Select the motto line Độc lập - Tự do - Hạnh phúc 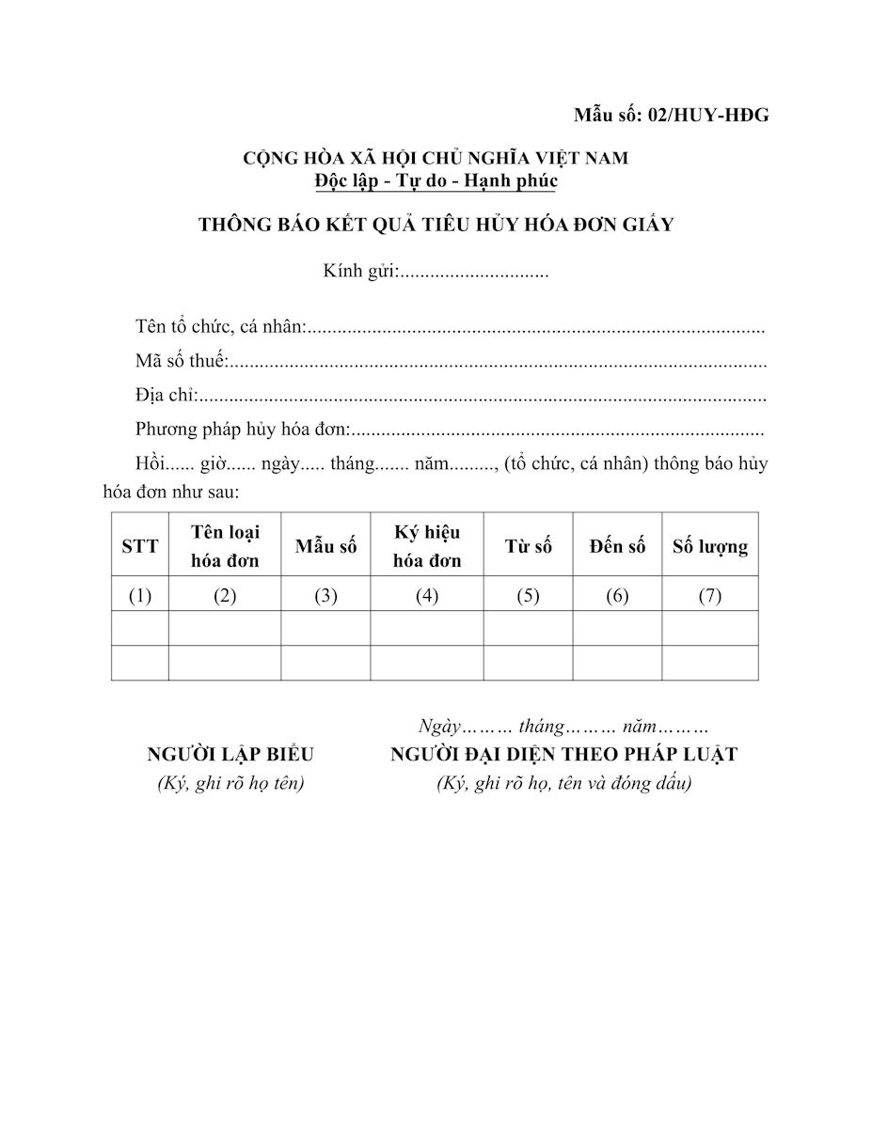[x=436, y=180]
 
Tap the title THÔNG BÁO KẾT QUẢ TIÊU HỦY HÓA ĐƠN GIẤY [x=436, y=225]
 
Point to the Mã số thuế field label [x=182, y=362]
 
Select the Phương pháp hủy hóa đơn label [x=243, y=431]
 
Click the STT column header [x=140, y=546]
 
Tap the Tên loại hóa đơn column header [x=225, y=546]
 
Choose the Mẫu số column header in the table [x=325, y=546]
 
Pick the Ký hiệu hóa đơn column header [x=427, y=546]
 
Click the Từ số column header [x=529, y=546]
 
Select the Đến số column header [x=618, y=546]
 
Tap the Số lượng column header [x=710, y=546]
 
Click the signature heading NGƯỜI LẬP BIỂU [x=230, y=755]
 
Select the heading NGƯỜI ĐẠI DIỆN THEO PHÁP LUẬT [x=564, y=755]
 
